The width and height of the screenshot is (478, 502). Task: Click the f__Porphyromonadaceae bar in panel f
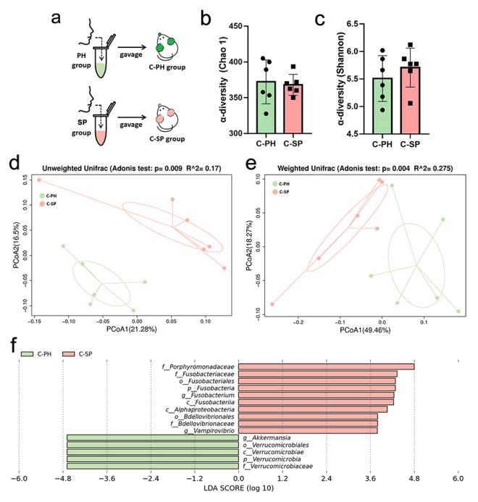[326, 367]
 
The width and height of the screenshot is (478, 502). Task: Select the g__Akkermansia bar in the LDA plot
[152, 438]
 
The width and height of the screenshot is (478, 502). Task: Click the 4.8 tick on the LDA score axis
[414, 480]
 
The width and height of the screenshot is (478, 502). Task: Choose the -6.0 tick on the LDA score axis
[19, 480]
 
